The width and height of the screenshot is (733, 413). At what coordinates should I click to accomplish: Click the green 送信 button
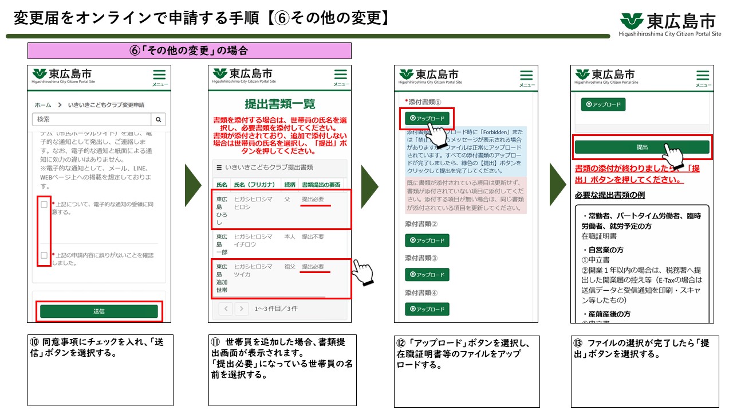pos(98,311)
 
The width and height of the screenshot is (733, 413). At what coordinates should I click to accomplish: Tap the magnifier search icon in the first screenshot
pos(158,119)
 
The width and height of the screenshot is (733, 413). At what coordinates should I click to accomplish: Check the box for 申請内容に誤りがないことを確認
pos(44,255)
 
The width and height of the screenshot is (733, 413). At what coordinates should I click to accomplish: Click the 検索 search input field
pos(91,119)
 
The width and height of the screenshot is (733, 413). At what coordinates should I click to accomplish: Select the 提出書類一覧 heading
pos(279,104)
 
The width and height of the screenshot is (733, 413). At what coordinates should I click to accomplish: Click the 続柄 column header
pos(290,185)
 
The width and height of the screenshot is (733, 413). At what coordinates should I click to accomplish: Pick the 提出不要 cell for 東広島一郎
pos(313,236)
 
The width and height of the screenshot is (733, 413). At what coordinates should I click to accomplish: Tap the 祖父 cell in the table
pos(290,267)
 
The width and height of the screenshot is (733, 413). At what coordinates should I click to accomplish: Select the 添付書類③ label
pos(421,258)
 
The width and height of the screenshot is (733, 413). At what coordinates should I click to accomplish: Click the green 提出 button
pos(642,147)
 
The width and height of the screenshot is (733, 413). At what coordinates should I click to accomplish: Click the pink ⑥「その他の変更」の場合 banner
pos(189,50)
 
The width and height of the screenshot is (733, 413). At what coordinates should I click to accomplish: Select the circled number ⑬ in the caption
pos(578,343)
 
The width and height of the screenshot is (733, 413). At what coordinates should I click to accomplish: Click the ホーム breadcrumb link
pos(43,105)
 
